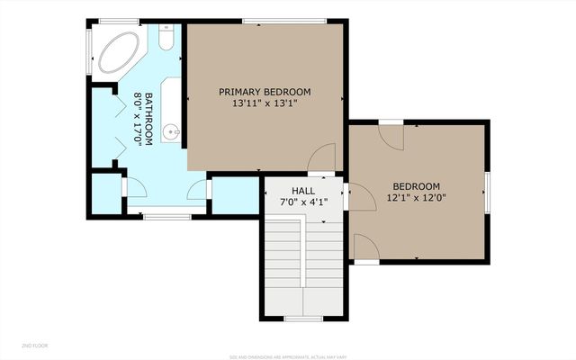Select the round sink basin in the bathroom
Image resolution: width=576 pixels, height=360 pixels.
pos(172,133)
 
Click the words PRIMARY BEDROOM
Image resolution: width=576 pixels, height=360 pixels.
pos(265,92)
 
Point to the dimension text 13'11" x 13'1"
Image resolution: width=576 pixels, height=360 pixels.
pos(265,104)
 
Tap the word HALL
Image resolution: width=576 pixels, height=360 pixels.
pos(303,192)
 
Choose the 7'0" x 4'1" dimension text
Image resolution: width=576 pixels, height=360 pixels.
pos(303,203)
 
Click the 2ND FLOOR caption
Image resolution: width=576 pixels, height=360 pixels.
pos(35,346)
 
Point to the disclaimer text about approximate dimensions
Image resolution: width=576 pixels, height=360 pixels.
pos(287,356)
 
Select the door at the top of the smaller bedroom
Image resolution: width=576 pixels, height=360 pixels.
pos(391,135)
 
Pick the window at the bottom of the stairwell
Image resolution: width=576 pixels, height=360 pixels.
pos(303,319)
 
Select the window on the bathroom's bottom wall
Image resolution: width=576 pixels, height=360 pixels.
pos(167,216)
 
